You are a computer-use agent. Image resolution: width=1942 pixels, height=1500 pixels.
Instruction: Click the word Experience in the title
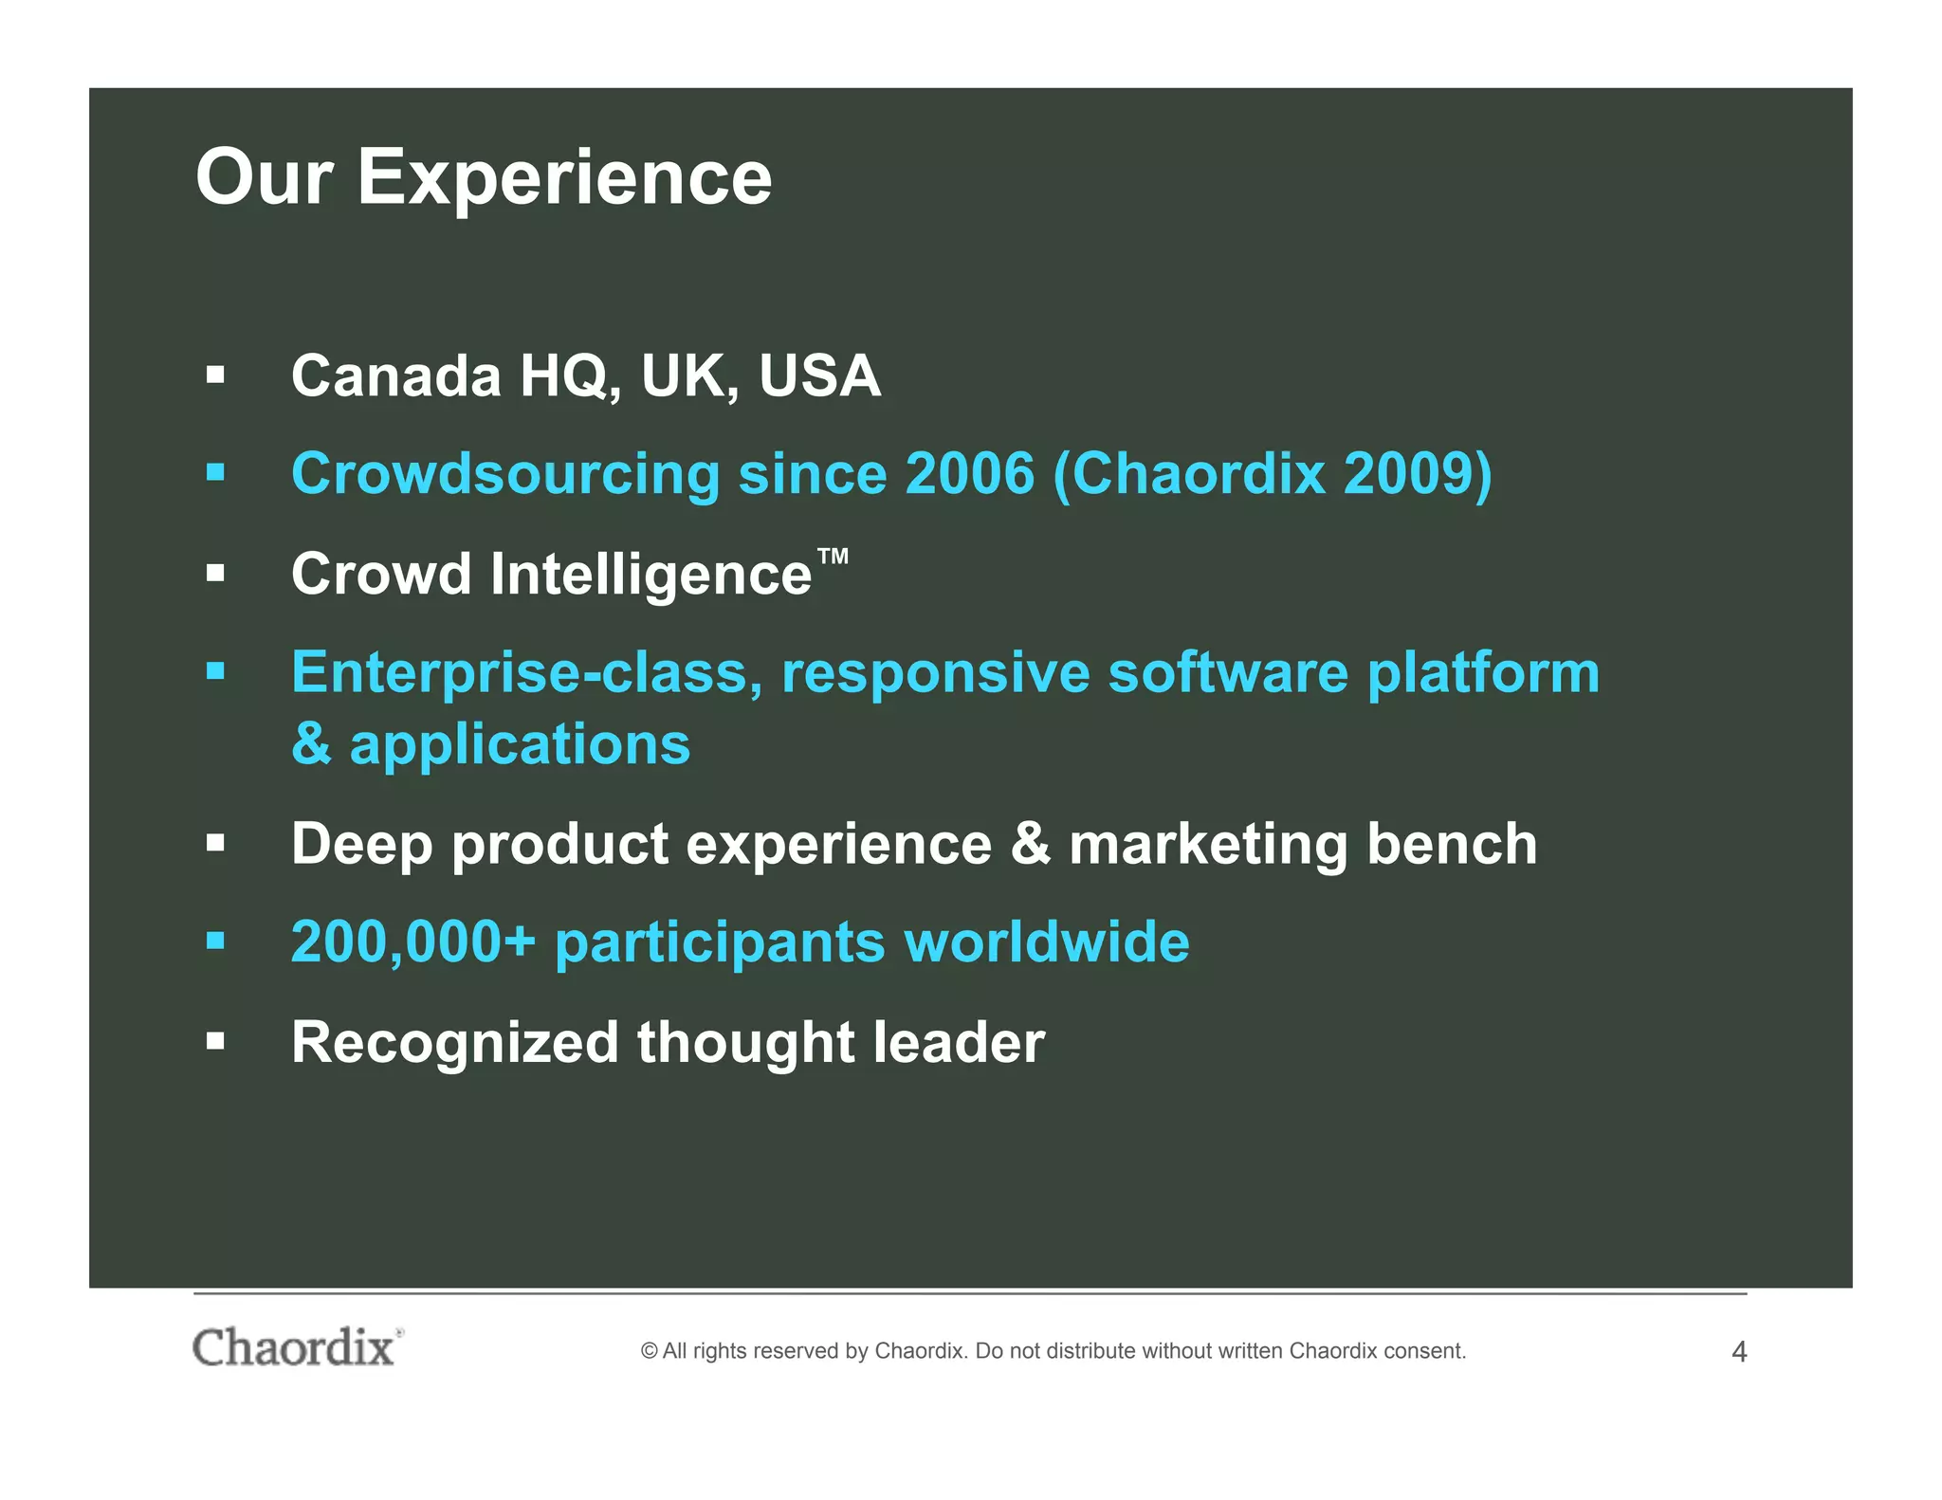click(564, 178)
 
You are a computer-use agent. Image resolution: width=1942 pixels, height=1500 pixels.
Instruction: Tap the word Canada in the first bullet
click(395, 375)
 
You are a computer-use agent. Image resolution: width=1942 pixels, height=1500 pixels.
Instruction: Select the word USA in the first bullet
click(819, 375)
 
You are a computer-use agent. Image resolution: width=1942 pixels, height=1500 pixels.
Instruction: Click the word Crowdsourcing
click(505, 475)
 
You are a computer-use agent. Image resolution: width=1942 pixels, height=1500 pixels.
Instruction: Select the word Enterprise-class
click(526, 674)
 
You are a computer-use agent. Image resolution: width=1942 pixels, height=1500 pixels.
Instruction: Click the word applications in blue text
click(520, 745)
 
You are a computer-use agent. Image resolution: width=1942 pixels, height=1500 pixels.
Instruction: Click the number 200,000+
click(413, 942)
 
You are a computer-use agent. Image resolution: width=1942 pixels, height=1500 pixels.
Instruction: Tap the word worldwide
click(1047, 942)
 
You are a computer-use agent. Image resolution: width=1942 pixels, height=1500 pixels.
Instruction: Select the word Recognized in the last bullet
click(454, 1043)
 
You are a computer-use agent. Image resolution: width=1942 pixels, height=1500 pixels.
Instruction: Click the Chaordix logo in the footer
click(296, 1347)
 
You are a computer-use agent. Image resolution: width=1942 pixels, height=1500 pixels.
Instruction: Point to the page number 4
click(1738, 1352)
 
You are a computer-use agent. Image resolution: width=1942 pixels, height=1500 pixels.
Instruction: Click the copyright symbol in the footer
click(649, 1351)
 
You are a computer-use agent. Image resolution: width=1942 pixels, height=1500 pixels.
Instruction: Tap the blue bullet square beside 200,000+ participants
click(216, 942)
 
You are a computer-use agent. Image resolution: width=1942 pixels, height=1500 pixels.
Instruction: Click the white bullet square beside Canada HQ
click(216, 375)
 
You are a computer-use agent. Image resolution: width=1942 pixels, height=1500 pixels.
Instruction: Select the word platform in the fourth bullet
click(1483, 674)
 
